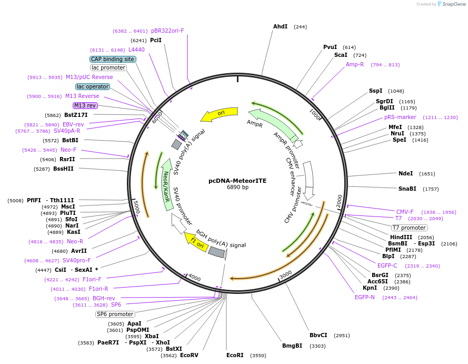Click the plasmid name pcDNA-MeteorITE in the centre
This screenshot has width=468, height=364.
tap(237, 181)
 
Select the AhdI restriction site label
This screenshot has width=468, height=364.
tap(280, 26)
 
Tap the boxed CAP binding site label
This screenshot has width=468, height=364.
tap(113, 59)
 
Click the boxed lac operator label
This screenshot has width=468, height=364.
tap(93, 86)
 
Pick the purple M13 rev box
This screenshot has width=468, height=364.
tap(85, 105)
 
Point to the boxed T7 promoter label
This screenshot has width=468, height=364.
tap(409, 228)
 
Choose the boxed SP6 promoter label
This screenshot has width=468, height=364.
tap(115, 314)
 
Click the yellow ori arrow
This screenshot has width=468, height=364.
tap(219, 114)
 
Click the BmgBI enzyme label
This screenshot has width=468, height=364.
tap(292, 346)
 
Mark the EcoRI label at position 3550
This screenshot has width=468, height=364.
tap(235, 355)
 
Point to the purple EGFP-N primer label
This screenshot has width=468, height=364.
tap(364, 297)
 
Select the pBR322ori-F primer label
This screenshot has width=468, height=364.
tap(167, 31)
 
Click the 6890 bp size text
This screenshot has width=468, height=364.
tap(237, 187)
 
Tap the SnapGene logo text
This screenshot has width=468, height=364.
tap(454, 4)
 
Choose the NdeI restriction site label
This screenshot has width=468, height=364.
tap(406, 173)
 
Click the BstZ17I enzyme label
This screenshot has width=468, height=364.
tap(76, 115)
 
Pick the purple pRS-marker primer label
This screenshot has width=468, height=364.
tap(400, 117)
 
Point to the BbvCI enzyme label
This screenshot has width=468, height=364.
tap(318, 335)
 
